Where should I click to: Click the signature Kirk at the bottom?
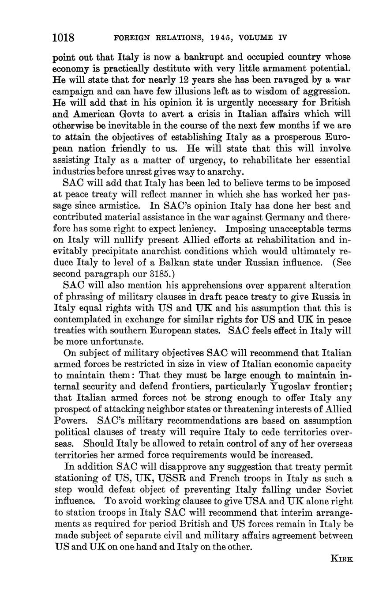point(341,559)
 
